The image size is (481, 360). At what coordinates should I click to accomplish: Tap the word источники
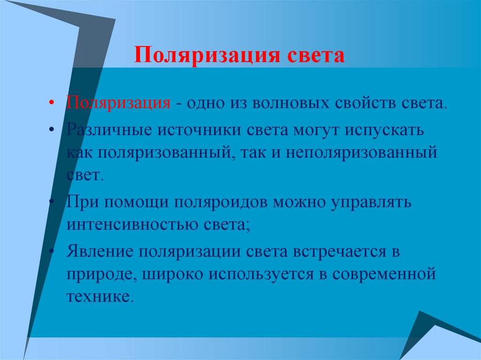click(x=193, y=130)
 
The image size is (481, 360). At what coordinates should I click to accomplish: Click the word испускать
click(x=385, y=130)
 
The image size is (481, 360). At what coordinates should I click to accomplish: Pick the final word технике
click(x=97, y=297)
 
